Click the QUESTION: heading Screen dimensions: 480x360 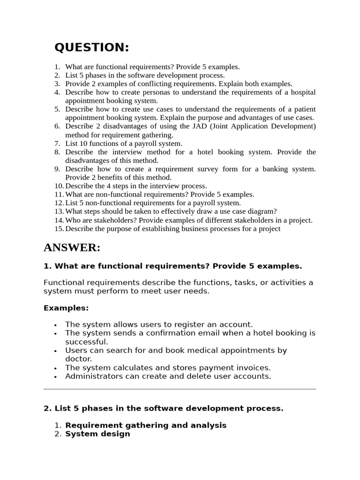pos(92,47)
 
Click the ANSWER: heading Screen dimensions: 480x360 pos(72,247)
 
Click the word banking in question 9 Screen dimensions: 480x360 pos(274,169)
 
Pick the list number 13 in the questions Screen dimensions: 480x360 pos(59,211)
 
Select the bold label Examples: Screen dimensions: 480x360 pos(66,308)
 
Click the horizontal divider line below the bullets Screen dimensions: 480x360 pos(180,389)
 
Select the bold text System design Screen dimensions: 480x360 pos(97,434)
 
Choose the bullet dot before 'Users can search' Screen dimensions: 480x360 pos(55,351)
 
